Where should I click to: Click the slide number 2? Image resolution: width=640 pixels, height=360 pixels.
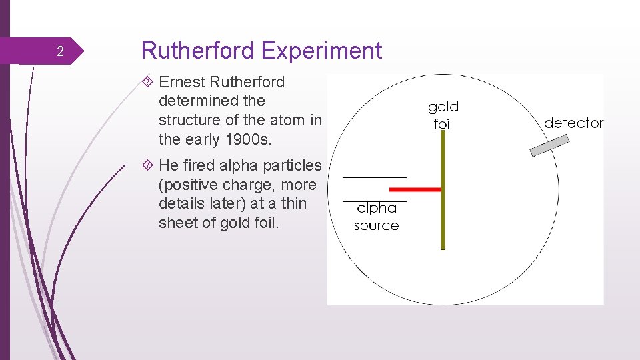click(60, 52)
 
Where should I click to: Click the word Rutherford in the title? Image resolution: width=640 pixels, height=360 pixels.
click(198, 51)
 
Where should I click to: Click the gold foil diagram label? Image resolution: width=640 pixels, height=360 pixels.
click(443, 115)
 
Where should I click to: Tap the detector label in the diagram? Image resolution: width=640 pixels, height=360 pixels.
click(573, 123)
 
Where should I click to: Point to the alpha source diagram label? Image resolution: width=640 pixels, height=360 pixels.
click(377, 217)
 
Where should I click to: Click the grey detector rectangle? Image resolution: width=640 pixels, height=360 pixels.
click(549, 145)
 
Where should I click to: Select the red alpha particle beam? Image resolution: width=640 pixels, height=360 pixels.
click(424, 189)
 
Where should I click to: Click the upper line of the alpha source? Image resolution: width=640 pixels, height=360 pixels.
click(375, 177)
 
